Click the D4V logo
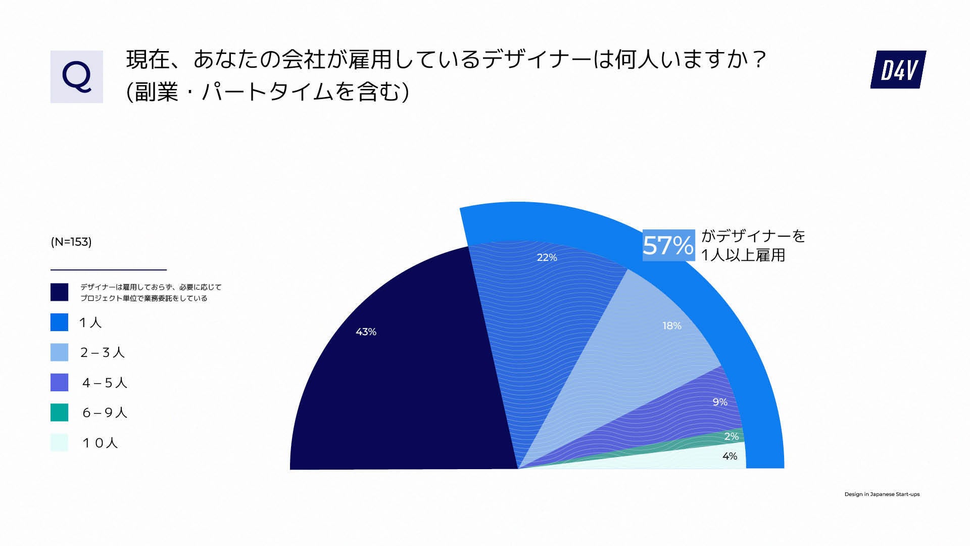click(x=898, y=70)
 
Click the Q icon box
click(x=77, y=77)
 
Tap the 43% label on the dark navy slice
click(x=366, y=332)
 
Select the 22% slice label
click(x=547, y=257)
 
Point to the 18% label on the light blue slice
click(x=672, y=326)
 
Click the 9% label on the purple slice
click(x=720, y=402)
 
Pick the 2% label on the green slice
click(x=731, y=436)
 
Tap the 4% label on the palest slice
click(x=730, y=456)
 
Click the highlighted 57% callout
click(x=668, y=245)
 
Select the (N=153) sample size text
click(x=71, y=242)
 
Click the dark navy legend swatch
click(x=59, y=292)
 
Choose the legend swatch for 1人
click(x=59, y=322)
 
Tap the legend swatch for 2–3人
click(x=59, y=352)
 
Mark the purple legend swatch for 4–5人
click(x=59, y=382)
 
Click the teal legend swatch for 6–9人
click(x=59, y=413)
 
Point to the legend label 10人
click(x=100, y=443)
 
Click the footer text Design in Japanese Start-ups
click(x=882, y=494)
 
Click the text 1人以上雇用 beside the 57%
click(x=743, y=255)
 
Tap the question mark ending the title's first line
click(x=759, y=60)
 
